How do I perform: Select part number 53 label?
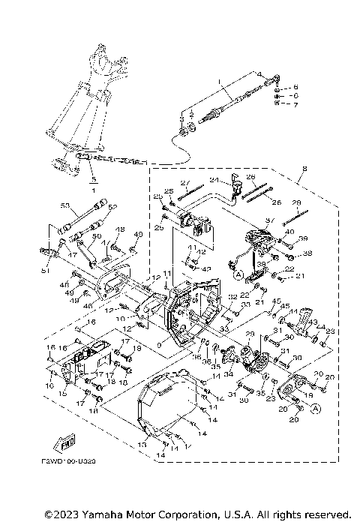click(x=64, y=205)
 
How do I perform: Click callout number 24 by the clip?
click(x=213, y=180)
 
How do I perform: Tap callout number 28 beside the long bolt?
click(x=295, y=203)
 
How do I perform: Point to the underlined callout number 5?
click(x=91, y=181)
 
